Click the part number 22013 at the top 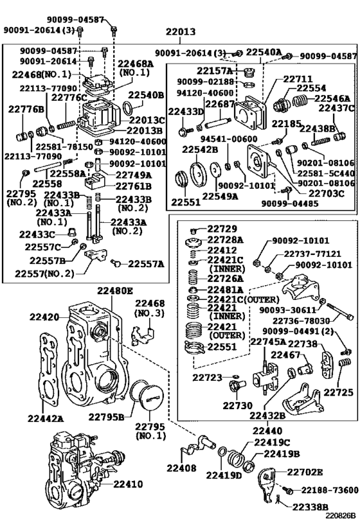pos(181,31)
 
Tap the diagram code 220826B pos(340,515)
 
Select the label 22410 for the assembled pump pos(128,484)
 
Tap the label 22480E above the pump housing pos(115,290)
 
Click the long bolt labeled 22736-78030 pos(339,311)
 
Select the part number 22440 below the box pos(267,430)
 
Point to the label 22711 pos(298,79)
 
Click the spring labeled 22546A pos(300,100)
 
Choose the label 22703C pos(327,193)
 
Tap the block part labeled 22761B pos(95,182)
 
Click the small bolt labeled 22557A pos(116,263)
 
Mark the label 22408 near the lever pos(181,468)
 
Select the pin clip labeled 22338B pos(277,500)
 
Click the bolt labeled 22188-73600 pos(288,491)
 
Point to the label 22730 pos(238,405)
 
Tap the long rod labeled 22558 pos(46,167)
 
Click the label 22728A pos(226,240)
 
